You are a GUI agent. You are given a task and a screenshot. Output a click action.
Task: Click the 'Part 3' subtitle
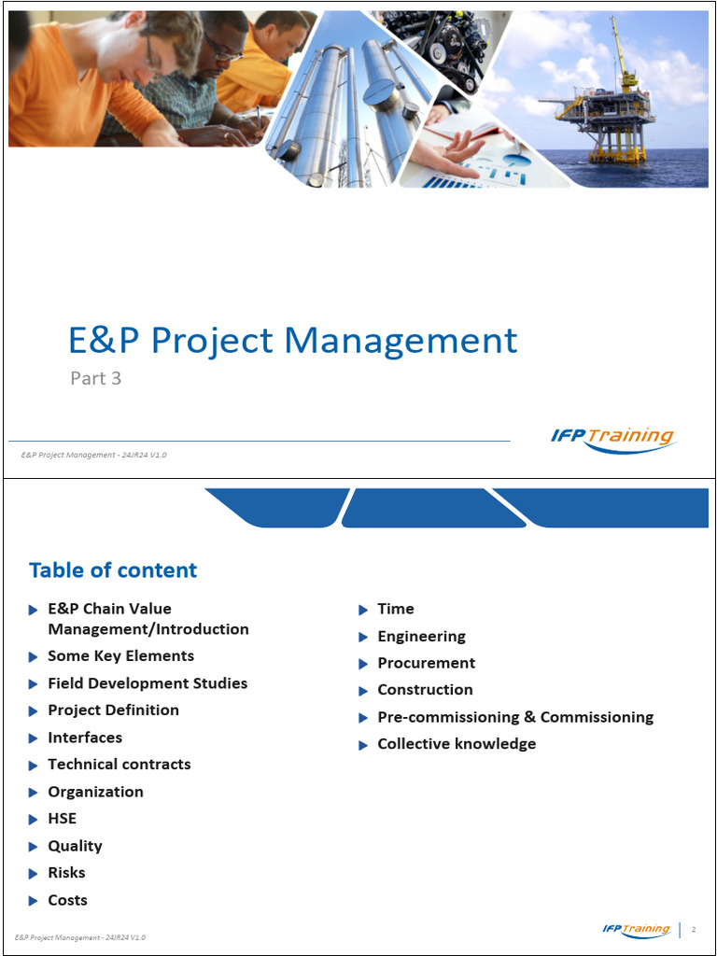(95, 378)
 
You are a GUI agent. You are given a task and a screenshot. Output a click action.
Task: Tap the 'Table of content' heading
(113, 569)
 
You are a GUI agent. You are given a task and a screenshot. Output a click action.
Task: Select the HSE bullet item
(62, 819)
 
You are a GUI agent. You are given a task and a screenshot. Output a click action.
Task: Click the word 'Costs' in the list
(67, 900)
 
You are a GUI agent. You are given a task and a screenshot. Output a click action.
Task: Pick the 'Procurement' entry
(426, 663)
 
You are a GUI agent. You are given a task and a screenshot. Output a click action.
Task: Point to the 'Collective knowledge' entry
(457, 744)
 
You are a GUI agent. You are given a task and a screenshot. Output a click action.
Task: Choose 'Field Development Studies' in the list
(148, 683)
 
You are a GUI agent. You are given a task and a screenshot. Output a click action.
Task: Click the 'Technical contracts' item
(119, 765)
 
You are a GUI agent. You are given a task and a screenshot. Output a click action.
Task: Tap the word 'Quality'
(75, 846)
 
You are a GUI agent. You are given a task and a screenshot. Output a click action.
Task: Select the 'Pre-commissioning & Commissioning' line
(515, 717)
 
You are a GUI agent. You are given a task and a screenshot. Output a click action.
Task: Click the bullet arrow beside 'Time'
(363, 610)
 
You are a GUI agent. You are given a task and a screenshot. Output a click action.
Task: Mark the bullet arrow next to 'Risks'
(34, 874)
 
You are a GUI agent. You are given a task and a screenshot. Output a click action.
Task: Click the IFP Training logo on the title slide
(612, 439)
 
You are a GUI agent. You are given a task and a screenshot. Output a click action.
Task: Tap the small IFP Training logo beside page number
(636, 930)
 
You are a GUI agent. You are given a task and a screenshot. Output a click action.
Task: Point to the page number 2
(694, 930)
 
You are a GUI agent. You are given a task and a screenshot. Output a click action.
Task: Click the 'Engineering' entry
(421, 636)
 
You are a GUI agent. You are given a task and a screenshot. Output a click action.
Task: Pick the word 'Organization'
(95, 792)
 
